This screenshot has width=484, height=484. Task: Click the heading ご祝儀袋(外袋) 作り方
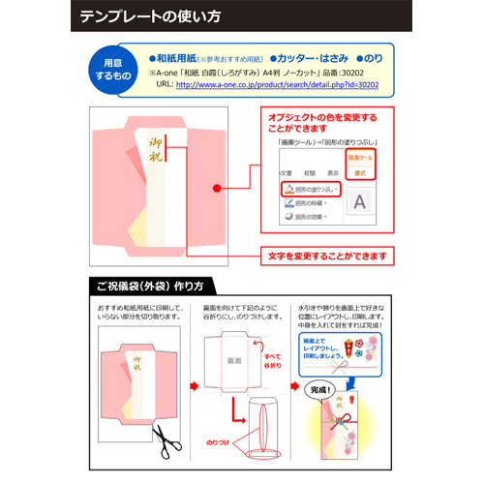pyautogui.click(x=150, y=287)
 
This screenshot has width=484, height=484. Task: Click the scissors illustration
pyautogui.click(x=169, y=441)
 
